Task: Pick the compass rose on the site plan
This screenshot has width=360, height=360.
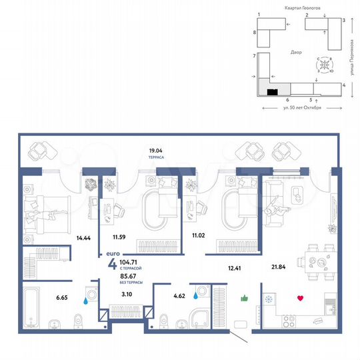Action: [x=325, y=65]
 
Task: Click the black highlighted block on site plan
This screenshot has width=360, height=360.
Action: [x=272, y=93]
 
